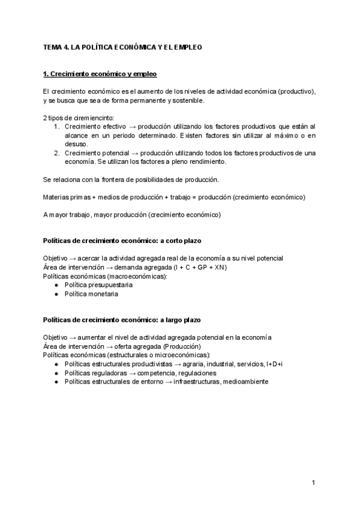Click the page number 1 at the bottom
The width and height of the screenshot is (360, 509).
point(314,483)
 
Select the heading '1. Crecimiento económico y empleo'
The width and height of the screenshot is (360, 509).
point(100,74)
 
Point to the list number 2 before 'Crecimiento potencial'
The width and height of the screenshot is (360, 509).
point(56,153)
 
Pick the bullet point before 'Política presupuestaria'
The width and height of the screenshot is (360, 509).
point(56,285)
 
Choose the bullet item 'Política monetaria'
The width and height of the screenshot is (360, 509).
point(91,294)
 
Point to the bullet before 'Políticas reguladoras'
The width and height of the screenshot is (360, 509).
point(56,373)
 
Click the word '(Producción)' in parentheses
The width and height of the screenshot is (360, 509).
point(182,346)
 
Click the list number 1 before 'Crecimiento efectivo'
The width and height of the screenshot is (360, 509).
point(56,127)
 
